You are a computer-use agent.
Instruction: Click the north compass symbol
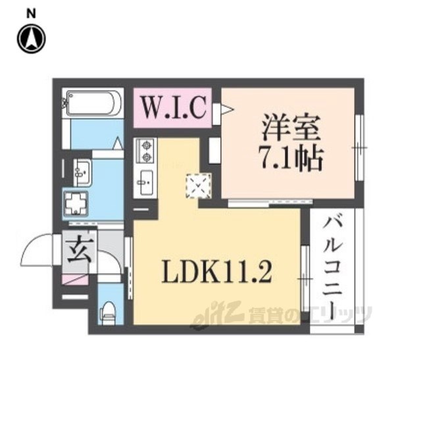30,39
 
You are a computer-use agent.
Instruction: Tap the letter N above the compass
31,12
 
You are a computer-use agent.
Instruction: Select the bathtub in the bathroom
93,103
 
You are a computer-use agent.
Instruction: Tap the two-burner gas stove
145,151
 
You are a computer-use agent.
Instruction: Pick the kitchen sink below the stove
145,180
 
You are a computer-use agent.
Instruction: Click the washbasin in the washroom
83,172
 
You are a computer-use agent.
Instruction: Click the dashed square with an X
198,185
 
